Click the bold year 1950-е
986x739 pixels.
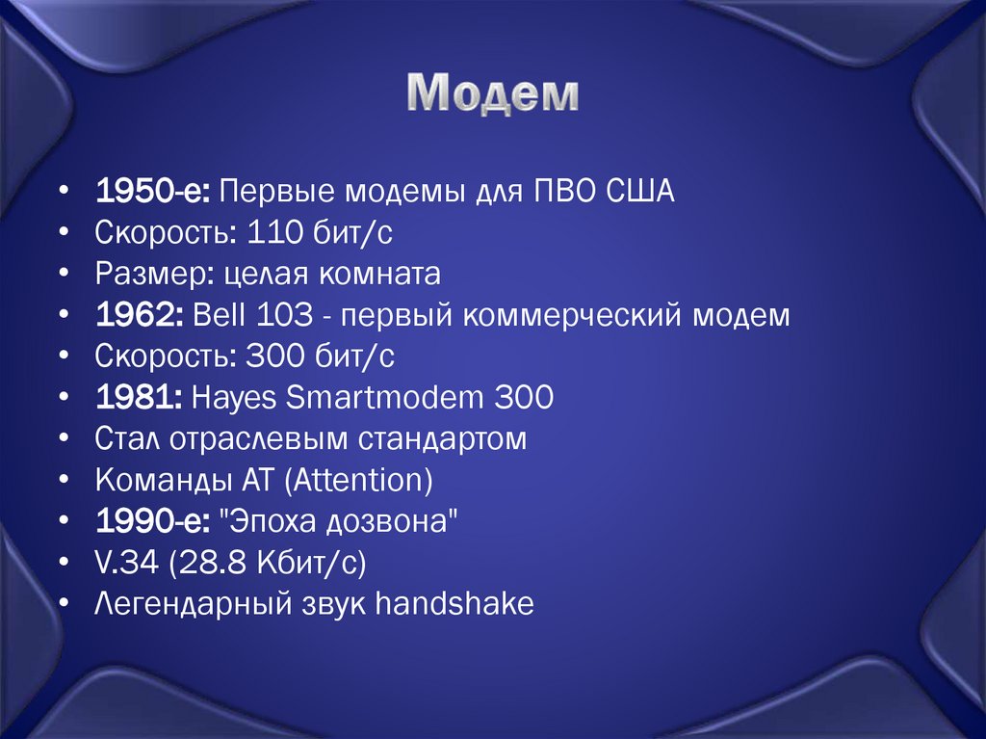(153, 192)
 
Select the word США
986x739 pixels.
(641, 192)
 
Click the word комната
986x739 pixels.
(387, 275)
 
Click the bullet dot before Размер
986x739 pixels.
(64, 275)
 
